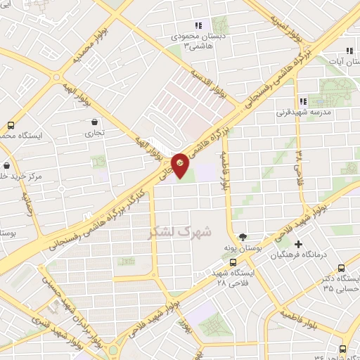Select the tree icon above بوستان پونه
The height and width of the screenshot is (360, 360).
[243, 237]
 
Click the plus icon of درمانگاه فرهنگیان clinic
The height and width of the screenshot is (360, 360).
[300, 245]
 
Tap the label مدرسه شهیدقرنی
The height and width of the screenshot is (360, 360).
[303, 112]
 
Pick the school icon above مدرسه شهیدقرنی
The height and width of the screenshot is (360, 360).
[303, 100]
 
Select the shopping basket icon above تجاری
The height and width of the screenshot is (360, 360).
[94, 122]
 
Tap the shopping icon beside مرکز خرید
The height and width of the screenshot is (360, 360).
[6, 166]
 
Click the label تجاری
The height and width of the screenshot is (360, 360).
[94, 132]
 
